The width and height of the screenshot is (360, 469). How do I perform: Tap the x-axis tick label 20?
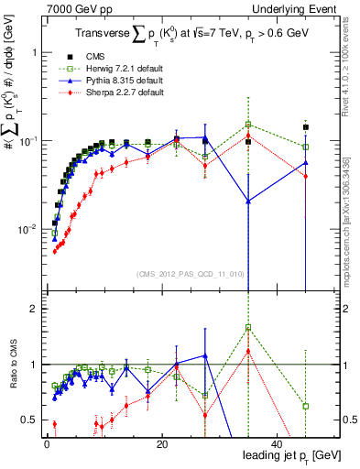click(161, 443)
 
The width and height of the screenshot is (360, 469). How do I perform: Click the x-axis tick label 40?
click(276, 443)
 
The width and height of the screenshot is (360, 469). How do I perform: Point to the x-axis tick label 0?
click(47, 443)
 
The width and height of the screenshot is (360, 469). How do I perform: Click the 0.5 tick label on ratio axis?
click(29, 420)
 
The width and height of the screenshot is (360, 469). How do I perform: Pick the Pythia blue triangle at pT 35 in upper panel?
click(248, 202)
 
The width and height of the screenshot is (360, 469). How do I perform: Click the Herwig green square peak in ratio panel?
click(248, 327)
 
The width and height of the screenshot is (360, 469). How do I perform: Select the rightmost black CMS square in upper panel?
click(306, 127)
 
